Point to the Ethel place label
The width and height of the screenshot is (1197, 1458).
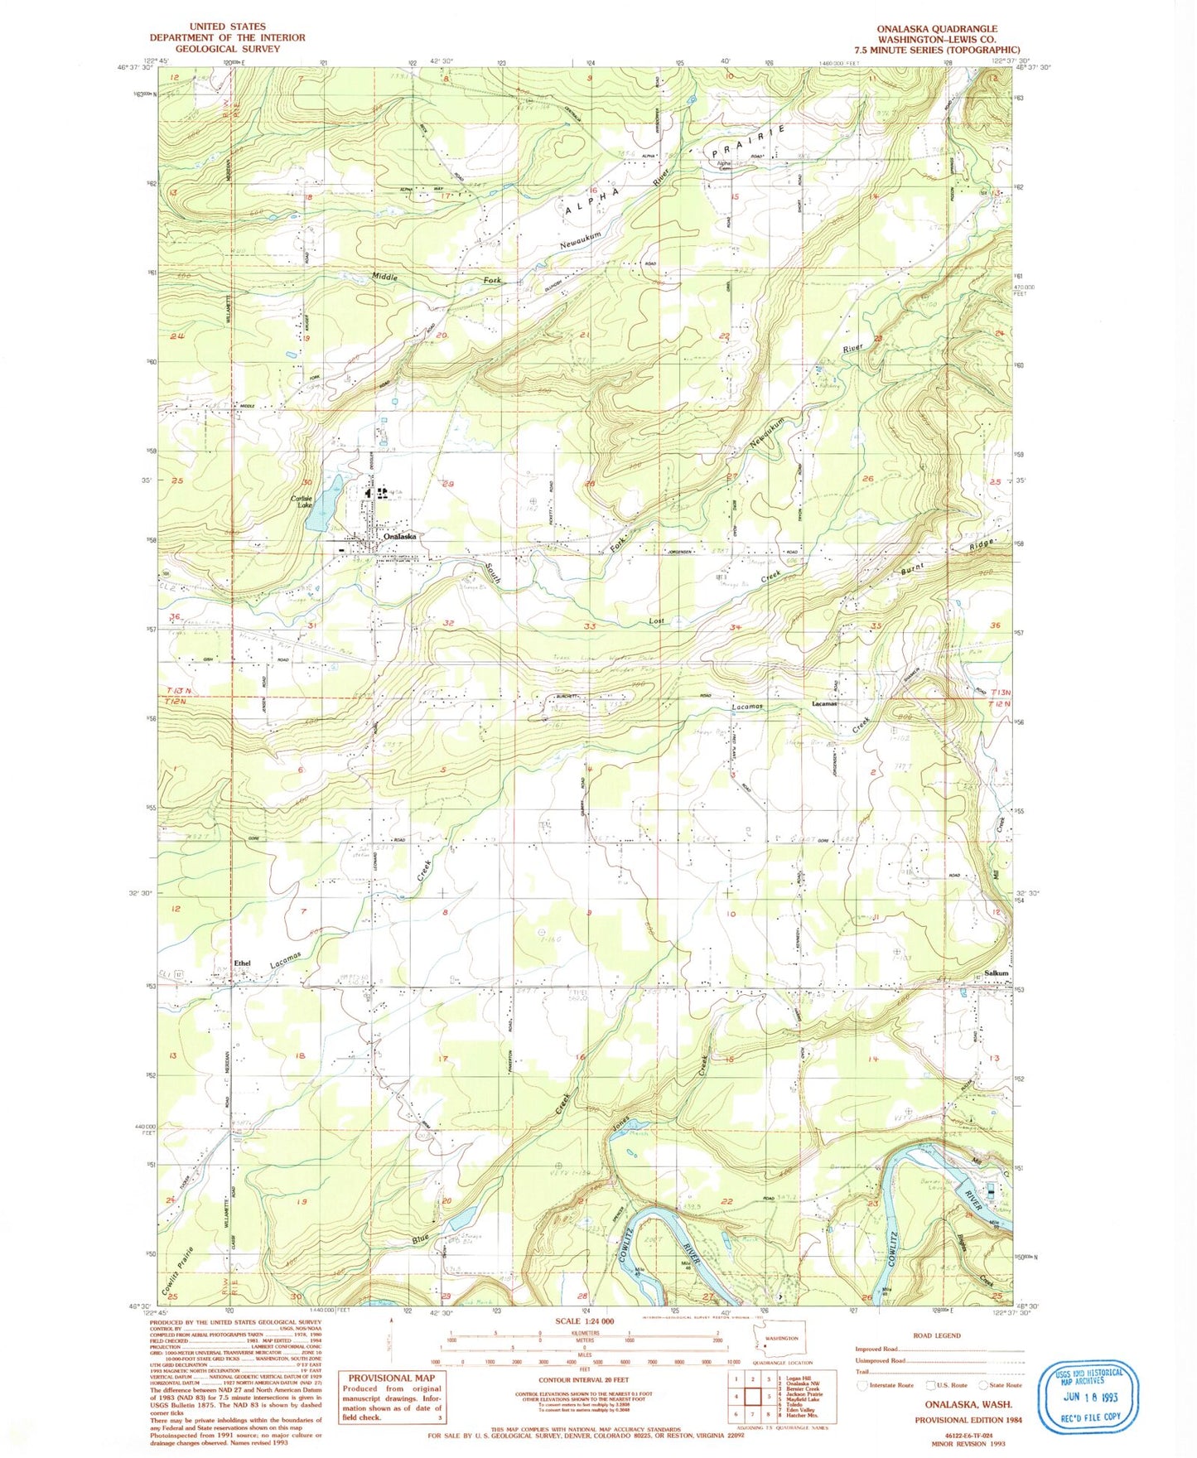tap(242, 963)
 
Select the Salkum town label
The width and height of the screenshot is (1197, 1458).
tap(996, 973)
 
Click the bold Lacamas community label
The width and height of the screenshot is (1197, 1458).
tap(823, 703)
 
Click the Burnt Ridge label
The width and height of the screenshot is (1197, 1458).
tap(953, 556)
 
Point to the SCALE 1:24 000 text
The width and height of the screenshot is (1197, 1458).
tap(581, 1320)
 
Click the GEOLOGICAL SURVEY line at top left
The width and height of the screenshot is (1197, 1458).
tap(227, 49)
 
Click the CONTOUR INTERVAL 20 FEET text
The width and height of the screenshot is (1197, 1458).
tap(583, 1380)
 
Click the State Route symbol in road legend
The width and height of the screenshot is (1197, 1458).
tap(984, 1384)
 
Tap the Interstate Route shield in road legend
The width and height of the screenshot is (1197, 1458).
tap(863, 1384)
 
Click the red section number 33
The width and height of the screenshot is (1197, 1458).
tap(590, 626)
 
